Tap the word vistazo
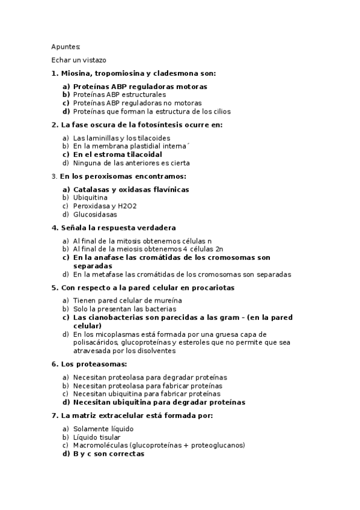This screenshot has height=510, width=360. [x=93, y=60]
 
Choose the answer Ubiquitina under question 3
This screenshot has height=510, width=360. [x=90, y=197]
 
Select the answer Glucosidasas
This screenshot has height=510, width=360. [x=95, y=214]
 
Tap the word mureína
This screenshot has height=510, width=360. [x=169, y=300]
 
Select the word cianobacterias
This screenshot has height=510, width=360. [x=118, y=317]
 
